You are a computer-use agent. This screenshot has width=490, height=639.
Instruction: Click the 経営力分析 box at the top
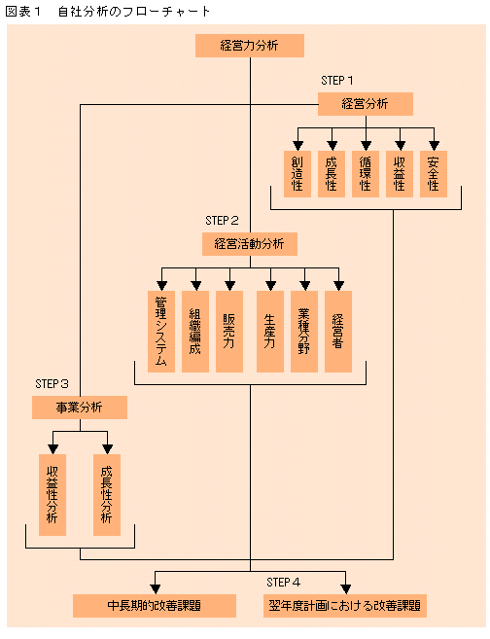coord(250,46)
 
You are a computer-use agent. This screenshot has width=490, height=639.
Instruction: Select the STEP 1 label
coord(336,81)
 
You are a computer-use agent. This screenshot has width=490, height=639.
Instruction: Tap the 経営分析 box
coord(366,104)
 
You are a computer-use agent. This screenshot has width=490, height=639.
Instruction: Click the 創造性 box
coord(297,174)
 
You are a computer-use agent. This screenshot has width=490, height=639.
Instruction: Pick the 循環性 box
coord(366,174)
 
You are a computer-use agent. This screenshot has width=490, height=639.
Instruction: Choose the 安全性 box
coord(434,174)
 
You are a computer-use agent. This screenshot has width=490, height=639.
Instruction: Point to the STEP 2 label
coord(222,221)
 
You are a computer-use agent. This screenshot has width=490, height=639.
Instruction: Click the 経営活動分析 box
coord(250,244)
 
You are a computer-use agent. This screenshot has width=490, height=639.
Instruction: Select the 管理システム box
coord(161,332)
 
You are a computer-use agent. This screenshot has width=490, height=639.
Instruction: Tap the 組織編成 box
coord(195,332)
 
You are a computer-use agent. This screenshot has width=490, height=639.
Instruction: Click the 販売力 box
coord(229,332)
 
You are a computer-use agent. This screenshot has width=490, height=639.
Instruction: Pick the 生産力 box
coord(270,332)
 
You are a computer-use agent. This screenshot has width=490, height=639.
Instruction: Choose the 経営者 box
coord(338,332)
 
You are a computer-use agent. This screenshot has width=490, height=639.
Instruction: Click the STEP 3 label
coord(52,384)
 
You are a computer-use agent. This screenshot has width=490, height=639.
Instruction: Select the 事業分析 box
coord(80,408)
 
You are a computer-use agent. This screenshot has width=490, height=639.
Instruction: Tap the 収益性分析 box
coord(52,495)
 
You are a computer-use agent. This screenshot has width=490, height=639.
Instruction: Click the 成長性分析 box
coord(107,495)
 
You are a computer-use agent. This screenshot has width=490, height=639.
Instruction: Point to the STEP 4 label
coord(284,583)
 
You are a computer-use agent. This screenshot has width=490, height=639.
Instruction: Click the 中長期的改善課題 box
coord(155,606)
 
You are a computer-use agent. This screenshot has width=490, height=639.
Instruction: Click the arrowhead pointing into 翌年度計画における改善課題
coord(345,588)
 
